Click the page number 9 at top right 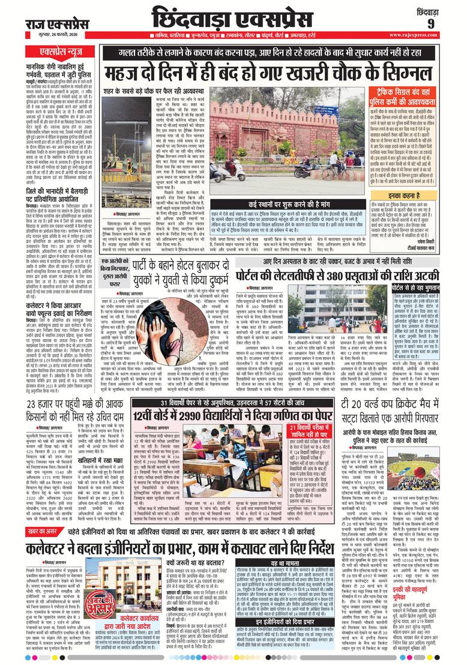tap(430, 23)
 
